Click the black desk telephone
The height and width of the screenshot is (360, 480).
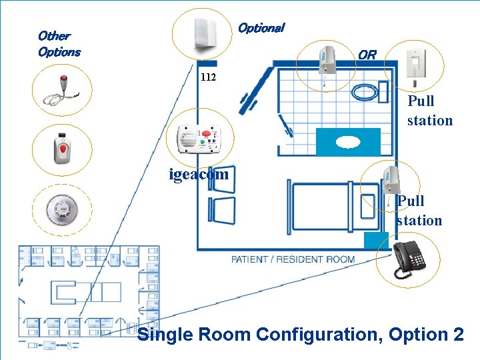pos(408,258)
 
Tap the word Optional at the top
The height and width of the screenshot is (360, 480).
pos(261,28)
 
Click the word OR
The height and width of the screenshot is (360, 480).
pos(367,55)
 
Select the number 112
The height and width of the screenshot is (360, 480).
pos(208,77)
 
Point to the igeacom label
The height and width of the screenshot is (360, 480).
pos(199,175)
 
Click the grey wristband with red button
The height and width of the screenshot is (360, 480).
pos(61,149)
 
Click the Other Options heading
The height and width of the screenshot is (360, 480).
pos(59,43)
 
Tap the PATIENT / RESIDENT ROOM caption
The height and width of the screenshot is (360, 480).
pos(293,259)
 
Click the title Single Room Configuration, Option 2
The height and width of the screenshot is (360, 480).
pos(300,334)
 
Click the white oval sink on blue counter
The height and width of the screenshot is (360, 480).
pos(347,142)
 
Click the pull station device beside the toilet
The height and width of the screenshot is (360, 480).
pos(327,63)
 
